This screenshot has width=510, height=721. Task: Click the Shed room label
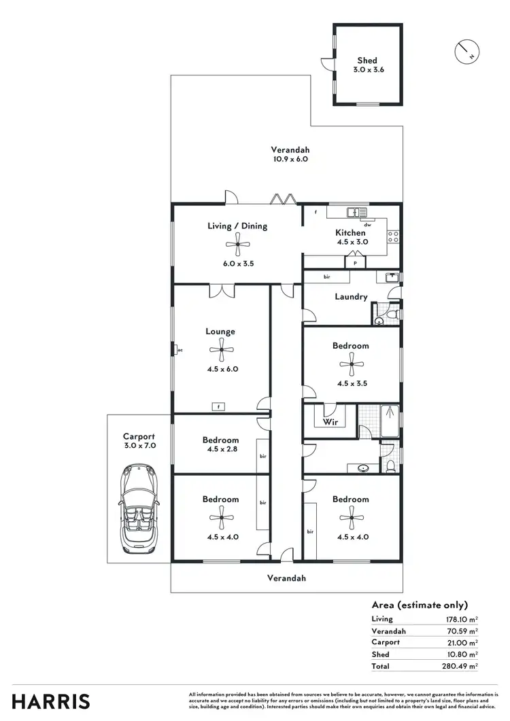pos(367,60)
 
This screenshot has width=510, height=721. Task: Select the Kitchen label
pos(350,232)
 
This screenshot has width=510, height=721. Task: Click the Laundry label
pos(351,296)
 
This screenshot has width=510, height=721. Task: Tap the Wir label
pos(330,421)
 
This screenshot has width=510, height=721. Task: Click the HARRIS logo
pos(46,701)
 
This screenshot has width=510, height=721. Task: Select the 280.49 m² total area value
pos(459,666)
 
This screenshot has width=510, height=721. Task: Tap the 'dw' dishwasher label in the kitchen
pos(367,224)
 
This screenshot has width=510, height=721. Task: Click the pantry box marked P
pos(356,262)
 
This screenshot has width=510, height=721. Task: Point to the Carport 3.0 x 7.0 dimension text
pos(139,446)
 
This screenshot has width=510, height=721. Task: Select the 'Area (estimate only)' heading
pos(420,604)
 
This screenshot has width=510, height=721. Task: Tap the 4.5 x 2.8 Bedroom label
pos(220,449)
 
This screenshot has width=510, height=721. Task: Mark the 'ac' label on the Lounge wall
pos(180,350)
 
